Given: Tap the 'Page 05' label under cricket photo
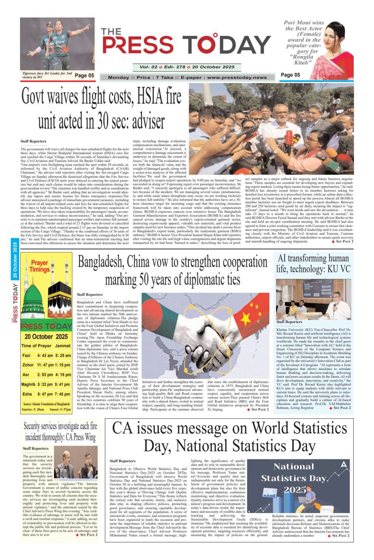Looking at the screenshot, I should coord(84,76).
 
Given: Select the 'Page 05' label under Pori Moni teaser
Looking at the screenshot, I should coord(290,75).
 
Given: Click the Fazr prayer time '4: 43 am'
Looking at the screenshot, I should coord(45,356).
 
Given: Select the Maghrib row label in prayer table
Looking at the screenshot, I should coord(28,384).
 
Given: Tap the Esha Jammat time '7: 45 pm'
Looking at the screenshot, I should coord(62,394).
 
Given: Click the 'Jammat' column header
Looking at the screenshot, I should coord(62,346).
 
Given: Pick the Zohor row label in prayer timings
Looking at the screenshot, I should coord(28,365).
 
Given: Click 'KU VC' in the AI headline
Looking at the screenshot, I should coord(337,269).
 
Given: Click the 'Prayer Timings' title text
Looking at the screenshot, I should coord(40,266).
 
